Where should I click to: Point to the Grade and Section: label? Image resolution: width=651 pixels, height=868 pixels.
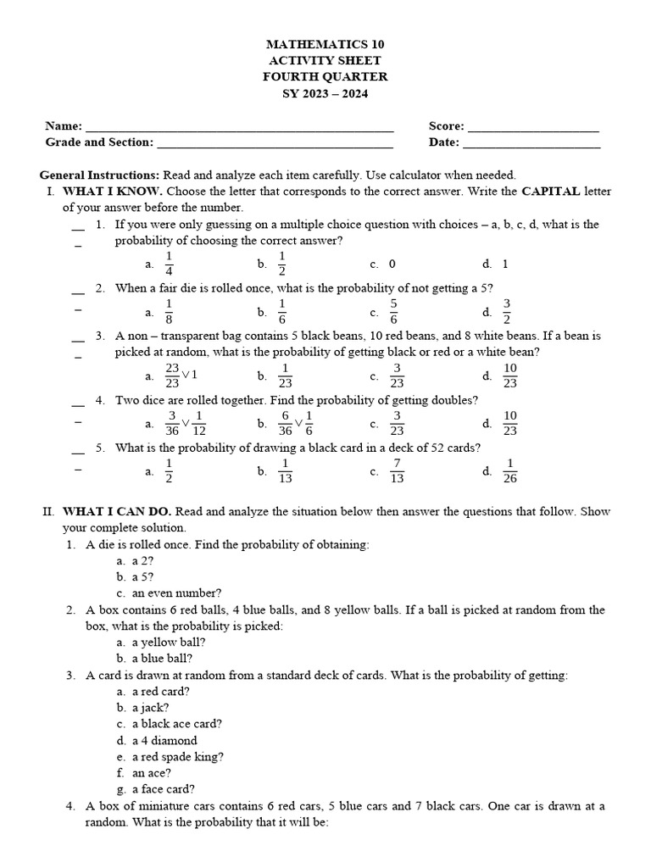[x=99, y=142]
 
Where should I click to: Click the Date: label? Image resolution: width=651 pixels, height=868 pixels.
[x=443, y=142]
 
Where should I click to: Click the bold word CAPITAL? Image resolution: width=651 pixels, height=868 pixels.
[x=551, y=192]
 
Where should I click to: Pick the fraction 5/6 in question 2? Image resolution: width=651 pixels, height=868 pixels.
[x=393, y=311]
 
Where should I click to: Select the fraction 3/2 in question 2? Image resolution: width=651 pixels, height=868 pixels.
[x=507, y=311]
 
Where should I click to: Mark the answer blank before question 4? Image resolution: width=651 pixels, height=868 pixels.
[x=78, y=402]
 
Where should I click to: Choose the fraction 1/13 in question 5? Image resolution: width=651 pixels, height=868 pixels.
[x=285, y=470]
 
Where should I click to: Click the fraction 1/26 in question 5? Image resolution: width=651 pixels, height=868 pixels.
[x=509, y=470]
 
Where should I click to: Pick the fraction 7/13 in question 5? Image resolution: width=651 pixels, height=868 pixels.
[x=396, y=470]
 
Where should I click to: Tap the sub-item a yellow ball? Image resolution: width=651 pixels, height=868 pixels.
[x=169, y=643]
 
